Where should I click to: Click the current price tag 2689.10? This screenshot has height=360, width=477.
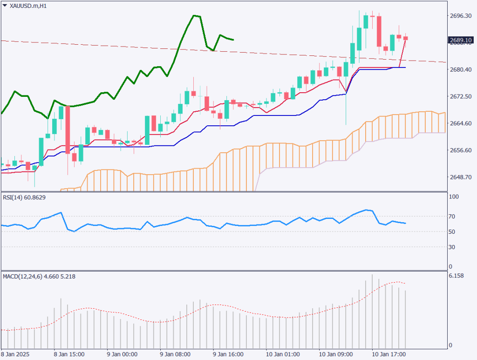[461, 40]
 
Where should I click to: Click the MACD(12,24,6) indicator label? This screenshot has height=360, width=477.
[39, 277]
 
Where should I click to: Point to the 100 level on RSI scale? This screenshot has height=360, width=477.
[454, 197]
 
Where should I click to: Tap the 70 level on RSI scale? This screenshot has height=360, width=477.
[452, 217]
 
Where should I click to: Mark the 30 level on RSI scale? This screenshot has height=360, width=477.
[452, 247]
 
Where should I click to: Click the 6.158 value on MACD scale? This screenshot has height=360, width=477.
[457, 277]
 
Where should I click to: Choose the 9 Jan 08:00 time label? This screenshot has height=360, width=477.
[175, 354]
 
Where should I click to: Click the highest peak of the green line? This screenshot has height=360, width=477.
[195, 15]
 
